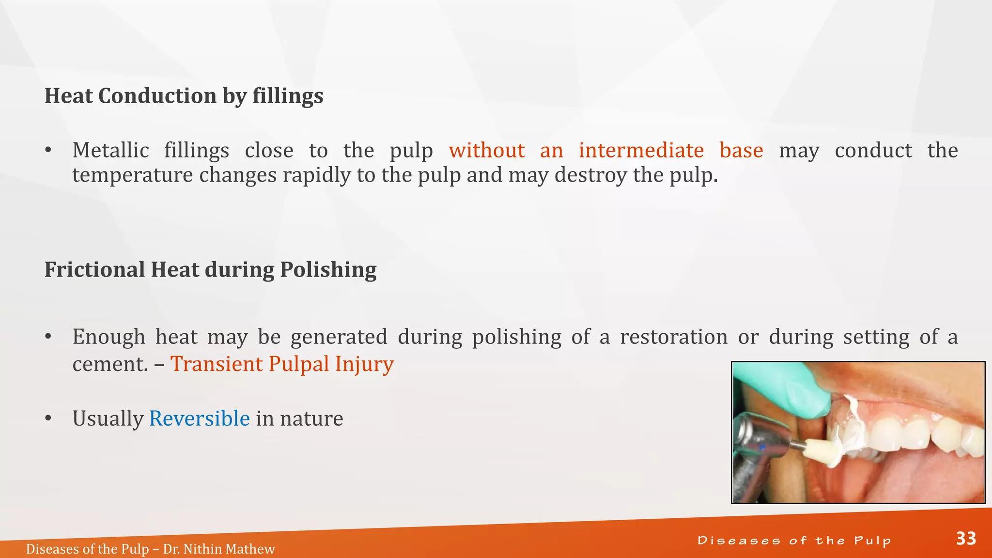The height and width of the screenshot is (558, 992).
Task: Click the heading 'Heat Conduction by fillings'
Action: [184, 96]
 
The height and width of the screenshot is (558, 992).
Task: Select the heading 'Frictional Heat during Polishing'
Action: [210, 270]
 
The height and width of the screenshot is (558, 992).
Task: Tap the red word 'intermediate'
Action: [641, 150]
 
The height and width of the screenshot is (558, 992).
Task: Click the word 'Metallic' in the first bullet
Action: [110, 150]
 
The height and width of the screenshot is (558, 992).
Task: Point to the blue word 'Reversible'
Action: [199, 418]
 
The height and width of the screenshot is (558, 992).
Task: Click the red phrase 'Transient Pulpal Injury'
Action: [282, 364]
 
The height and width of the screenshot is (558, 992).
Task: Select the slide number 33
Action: [966, 539]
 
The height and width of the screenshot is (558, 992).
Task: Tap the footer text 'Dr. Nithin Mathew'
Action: [219, 549]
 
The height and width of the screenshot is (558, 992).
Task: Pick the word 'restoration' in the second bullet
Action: [673, 337]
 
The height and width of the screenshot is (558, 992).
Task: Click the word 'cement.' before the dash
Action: [110, 364]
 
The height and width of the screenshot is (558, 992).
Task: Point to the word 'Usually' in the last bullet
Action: [108, 418]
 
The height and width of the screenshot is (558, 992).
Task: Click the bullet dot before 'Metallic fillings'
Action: [48, 151]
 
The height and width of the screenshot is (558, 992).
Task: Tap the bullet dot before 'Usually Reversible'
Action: [48, 418]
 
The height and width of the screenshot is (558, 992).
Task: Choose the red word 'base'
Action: [741, 150]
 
